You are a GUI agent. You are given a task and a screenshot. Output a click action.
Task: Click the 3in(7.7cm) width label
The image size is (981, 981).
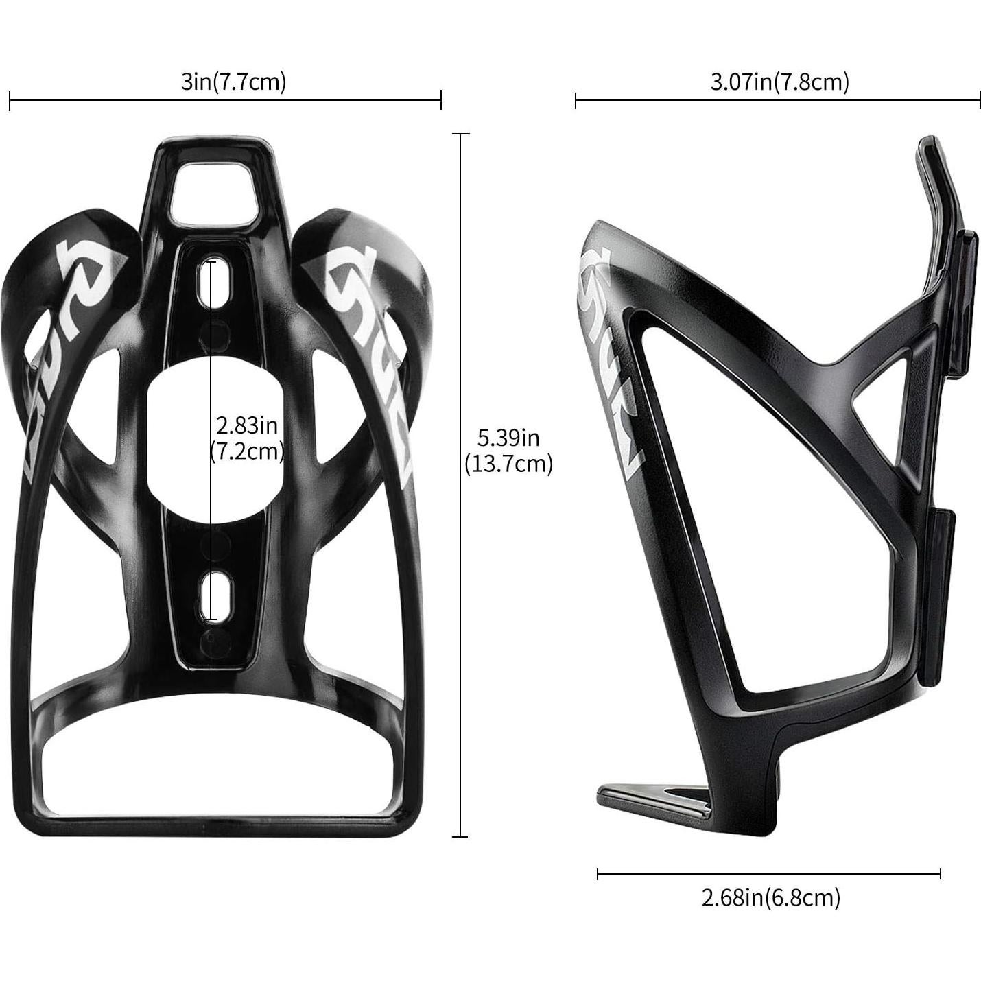233,82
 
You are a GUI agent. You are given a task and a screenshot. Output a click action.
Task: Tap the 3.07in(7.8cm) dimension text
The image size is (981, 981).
780,82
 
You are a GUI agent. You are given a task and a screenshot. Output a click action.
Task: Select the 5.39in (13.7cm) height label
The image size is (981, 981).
508,451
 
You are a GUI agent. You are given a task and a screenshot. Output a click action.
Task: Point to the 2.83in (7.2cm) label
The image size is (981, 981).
247,438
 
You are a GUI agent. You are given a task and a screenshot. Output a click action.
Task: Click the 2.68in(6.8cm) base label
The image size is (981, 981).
770,897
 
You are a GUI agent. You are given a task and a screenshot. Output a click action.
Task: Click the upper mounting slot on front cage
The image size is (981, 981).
204,281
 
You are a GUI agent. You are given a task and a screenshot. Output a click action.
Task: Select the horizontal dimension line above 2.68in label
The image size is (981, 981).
768,873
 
